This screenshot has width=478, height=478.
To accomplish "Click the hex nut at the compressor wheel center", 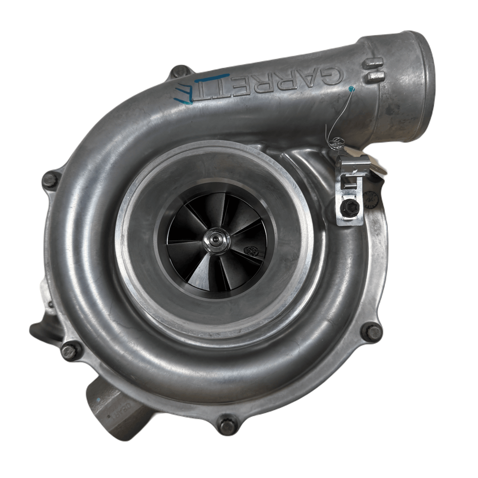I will tap(215, 239).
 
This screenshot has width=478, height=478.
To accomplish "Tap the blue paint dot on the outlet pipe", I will tap(351, 89).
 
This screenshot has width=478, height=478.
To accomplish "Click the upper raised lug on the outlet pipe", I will tap(374, 63).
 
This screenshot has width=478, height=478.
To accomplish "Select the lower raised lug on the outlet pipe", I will tap(374, 77).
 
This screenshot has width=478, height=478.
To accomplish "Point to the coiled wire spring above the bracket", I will tap(336, 142).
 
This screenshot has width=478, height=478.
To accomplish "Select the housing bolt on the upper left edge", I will tap(50, 180).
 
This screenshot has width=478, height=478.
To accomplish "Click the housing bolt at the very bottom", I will tap(227, 425).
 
